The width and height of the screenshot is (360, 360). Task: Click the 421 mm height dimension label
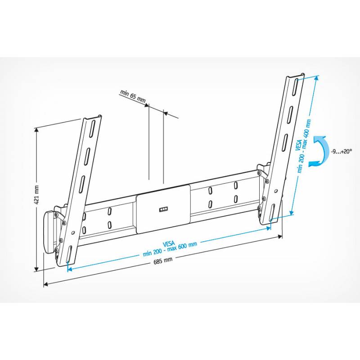pyautogui.click(x=37, y=194)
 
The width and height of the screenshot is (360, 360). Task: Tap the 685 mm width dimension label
pyautogui.click(x=163, y=261)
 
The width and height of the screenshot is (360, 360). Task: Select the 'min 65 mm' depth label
pyautogui.click(x=133, y=96)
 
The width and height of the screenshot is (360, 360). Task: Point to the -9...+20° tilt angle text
pyautogui.click(x=342, y=151)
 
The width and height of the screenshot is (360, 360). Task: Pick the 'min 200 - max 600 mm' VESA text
pyautogui.click(x=170, y=249)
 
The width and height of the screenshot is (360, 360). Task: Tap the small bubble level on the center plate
pyautogui.click(x=163, y=209)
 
